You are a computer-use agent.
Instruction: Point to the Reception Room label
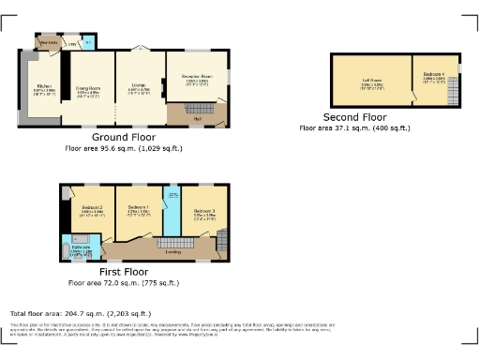coord(194,80)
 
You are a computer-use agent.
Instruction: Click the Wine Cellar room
coord(46,42)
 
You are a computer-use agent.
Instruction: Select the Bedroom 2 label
coord(91,209)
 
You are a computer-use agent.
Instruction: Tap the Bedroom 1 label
coord(138,208)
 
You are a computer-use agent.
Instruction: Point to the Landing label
coord(173,250)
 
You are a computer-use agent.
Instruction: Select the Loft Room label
coord(373,81)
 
